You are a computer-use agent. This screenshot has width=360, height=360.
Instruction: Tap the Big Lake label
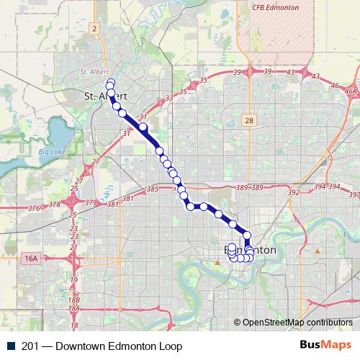52,151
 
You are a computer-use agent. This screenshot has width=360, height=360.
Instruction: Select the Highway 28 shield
248,120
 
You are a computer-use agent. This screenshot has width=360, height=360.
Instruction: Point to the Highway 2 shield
94,28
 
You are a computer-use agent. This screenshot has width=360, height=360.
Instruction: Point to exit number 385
152,189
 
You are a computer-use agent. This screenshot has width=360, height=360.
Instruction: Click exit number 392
293,192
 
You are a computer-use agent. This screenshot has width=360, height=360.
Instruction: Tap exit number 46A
351,91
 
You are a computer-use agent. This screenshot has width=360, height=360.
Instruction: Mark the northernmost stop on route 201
109,83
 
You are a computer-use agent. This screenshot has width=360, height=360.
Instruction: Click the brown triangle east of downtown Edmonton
317,251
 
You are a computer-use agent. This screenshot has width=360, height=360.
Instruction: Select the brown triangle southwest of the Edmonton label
217,262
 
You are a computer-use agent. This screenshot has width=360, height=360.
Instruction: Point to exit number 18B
73,298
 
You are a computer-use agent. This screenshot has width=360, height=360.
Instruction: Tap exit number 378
54,204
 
